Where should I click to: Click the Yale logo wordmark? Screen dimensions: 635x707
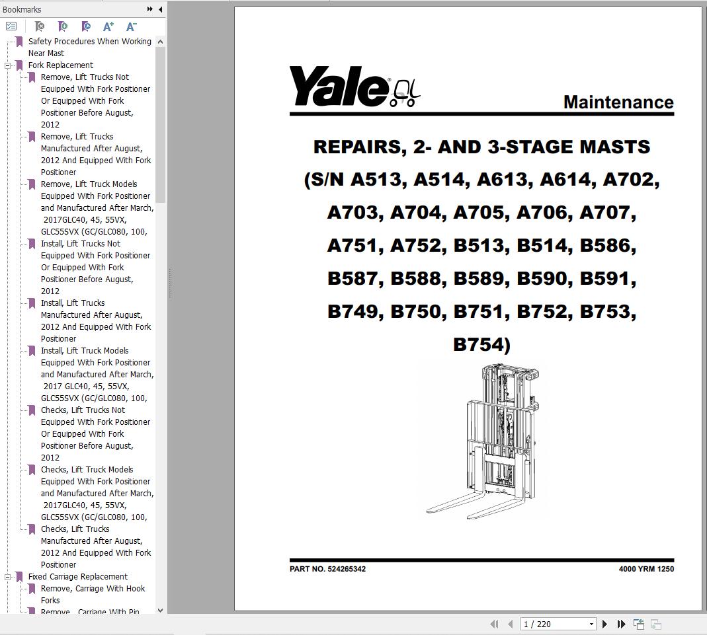[338, 87]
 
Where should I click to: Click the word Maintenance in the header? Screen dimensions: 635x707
[618, 102]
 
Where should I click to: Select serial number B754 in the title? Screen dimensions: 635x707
[478, 344]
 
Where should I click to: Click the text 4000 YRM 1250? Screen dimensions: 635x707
[646, 569]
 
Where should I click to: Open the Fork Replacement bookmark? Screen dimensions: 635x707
[60, 65]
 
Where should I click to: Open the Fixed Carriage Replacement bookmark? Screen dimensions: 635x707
[77, 577]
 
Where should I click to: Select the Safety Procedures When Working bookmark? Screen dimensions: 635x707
[89, 42]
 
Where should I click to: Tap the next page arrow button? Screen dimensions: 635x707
[604, 624]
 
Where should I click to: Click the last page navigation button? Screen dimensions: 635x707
[621, 624]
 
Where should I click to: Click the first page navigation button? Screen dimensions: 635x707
[494, 624]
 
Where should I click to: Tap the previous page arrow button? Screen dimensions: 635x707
[510, 624]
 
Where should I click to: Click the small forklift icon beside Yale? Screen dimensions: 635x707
[405, 93]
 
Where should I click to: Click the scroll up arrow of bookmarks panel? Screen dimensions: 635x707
[160, 42]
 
